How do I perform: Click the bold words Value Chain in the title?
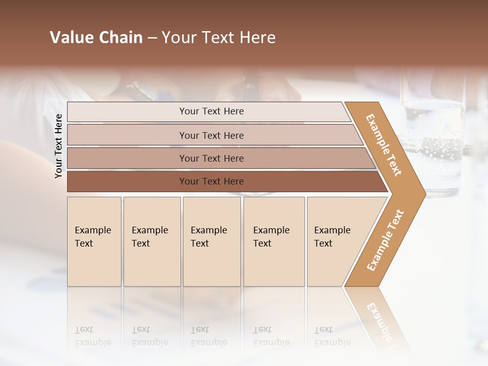point(96,38)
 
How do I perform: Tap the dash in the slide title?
point(152,38)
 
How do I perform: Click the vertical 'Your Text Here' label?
point(58,146)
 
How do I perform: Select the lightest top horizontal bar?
point(208,111)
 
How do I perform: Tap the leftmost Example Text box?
point(94,241)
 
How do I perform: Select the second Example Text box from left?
point(151,241)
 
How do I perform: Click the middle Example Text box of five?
point(211,241)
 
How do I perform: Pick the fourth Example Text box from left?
point(273,241)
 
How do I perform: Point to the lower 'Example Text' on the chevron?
point(385,240)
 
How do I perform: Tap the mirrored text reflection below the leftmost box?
point(93,335)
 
